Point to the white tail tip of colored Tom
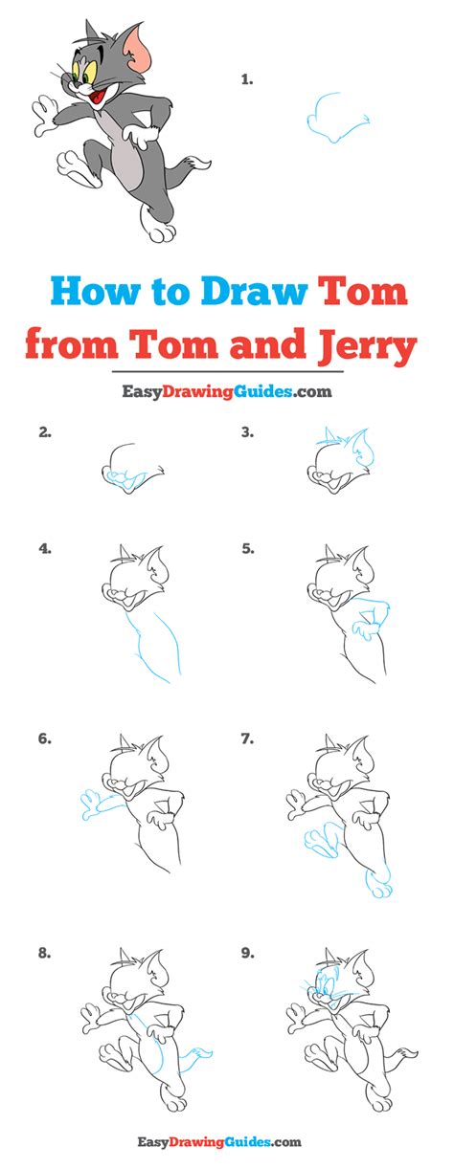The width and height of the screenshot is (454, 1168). click(x=201, y=164)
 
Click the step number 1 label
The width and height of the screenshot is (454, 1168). click(x=247, y=79)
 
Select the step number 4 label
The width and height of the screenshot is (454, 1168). click(x=45, y=548)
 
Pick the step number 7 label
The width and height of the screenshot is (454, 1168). click(x=247, y=738)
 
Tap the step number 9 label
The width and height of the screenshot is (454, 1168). click(x=247, y=953)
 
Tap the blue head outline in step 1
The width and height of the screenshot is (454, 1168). click(x=338, y=119)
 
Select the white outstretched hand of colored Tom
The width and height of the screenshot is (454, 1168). click(x=44, y=116)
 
